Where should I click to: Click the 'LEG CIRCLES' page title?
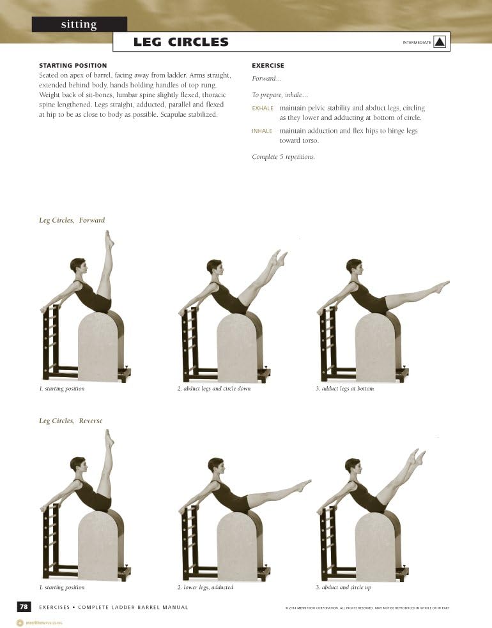(x=181, y=43)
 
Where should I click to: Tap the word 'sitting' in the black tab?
(x=79, y=25)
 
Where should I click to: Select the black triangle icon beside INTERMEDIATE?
(x=440, y=42)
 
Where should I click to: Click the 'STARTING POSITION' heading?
(x=73, y=66)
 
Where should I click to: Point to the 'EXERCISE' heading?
(x=268, y=66)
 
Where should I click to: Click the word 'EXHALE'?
(x=263, y=108)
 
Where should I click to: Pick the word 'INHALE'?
(x=262, y=131)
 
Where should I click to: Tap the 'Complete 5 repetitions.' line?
(x=283, y=157)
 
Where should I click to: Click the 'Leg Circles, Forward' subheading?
(x=72, y=220)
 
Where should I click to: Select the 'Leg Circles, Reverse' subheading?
(x=70, y=421)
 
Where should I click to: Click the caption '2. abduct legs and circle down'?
(x=213, y=389)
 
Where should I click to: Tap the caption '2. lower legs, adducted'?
(x=205, y=587)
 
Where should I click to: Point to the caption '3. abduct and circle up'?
(x=343, y=587)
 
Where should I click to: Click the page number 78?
(x=23, y=607)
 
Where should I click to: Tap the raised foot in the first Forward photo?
(x=109, y=240)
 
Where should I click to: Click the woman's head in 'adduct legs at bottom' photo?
(x=353, y=267)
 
